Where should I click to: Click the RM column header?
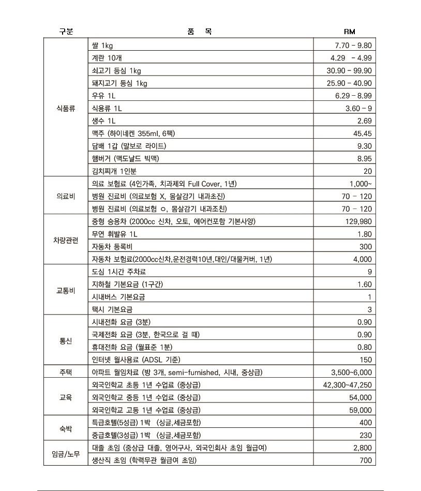click(350, 32)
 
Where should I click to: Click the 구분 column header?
click(66, 32)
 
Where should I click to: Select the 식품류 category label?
click(66, 108)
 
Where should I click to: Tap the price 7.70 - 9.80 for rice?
click(353, 46)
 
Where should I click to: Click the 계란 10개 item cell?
click(108, 58)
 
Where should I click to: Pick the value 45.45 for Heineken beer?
click(361, 133)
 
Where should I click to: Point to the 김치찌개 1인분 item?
click(114, 171)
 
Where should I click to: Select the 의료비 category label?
click(66, 197)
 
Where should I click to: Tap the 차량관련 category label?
click(66, 240)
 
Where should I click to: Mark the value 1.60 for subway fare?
click(364, 285)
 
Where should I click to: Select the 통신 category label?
click(66, 341)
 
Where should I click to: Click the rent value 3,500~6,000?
click(351, 373)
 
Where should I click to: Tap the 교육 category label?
click(66, 397)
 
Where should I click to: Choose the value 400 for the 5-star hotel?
click(365, 423)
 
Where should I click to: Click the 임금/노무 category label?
click(66, 454)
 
